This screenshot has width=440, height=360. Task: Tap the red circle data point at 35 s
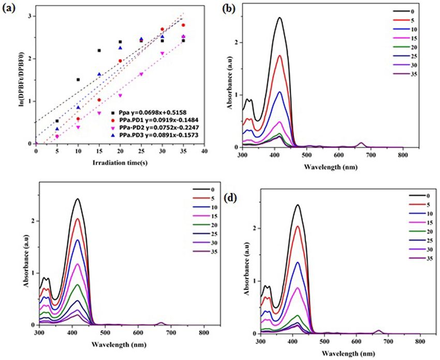tap(183, 25)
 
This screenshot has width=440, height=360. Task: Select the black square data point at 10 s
tap(78, 80)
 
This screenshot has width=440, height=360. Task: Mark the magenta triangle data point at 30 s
tap(162, 53)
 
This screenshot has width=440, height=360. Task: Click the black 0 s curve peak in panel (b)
tap(280, 18)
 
